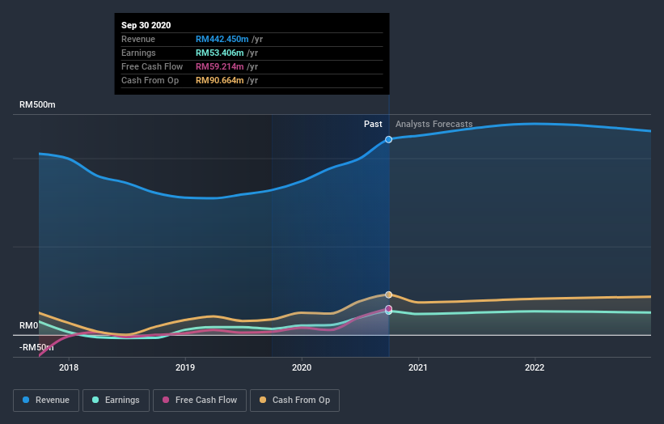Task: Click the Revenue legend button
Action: [47, 400]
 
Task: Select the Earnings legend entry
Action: [116, 400]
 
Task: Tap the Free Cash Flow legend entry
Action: [199, 400]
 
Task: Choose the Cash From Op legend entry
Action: [294, 400]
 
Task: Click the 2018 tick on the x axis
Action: [69, 367]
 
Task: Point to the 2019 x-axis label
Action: [185, 367]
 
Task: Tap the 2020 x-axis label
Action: [302, 367]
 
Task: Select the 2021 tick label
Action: [418, 367]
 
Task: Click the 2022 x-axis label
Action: [535, 367]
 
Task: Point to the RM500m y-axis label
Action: [38, 105]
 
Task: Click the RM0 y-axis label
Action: [29, 325]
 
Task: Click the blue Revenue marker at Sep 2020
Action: [389, 140]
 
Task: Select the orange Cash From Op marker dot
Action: [389, 295]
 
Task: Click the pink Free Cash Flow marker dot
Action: [389, 308]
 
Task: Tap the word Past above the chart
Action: [373, 124]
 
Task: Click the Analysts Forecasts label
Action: [434, 124]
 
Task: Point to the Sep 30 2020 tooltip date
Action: [146, 26]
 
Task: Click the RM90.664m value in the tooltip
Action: [220, 80]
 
